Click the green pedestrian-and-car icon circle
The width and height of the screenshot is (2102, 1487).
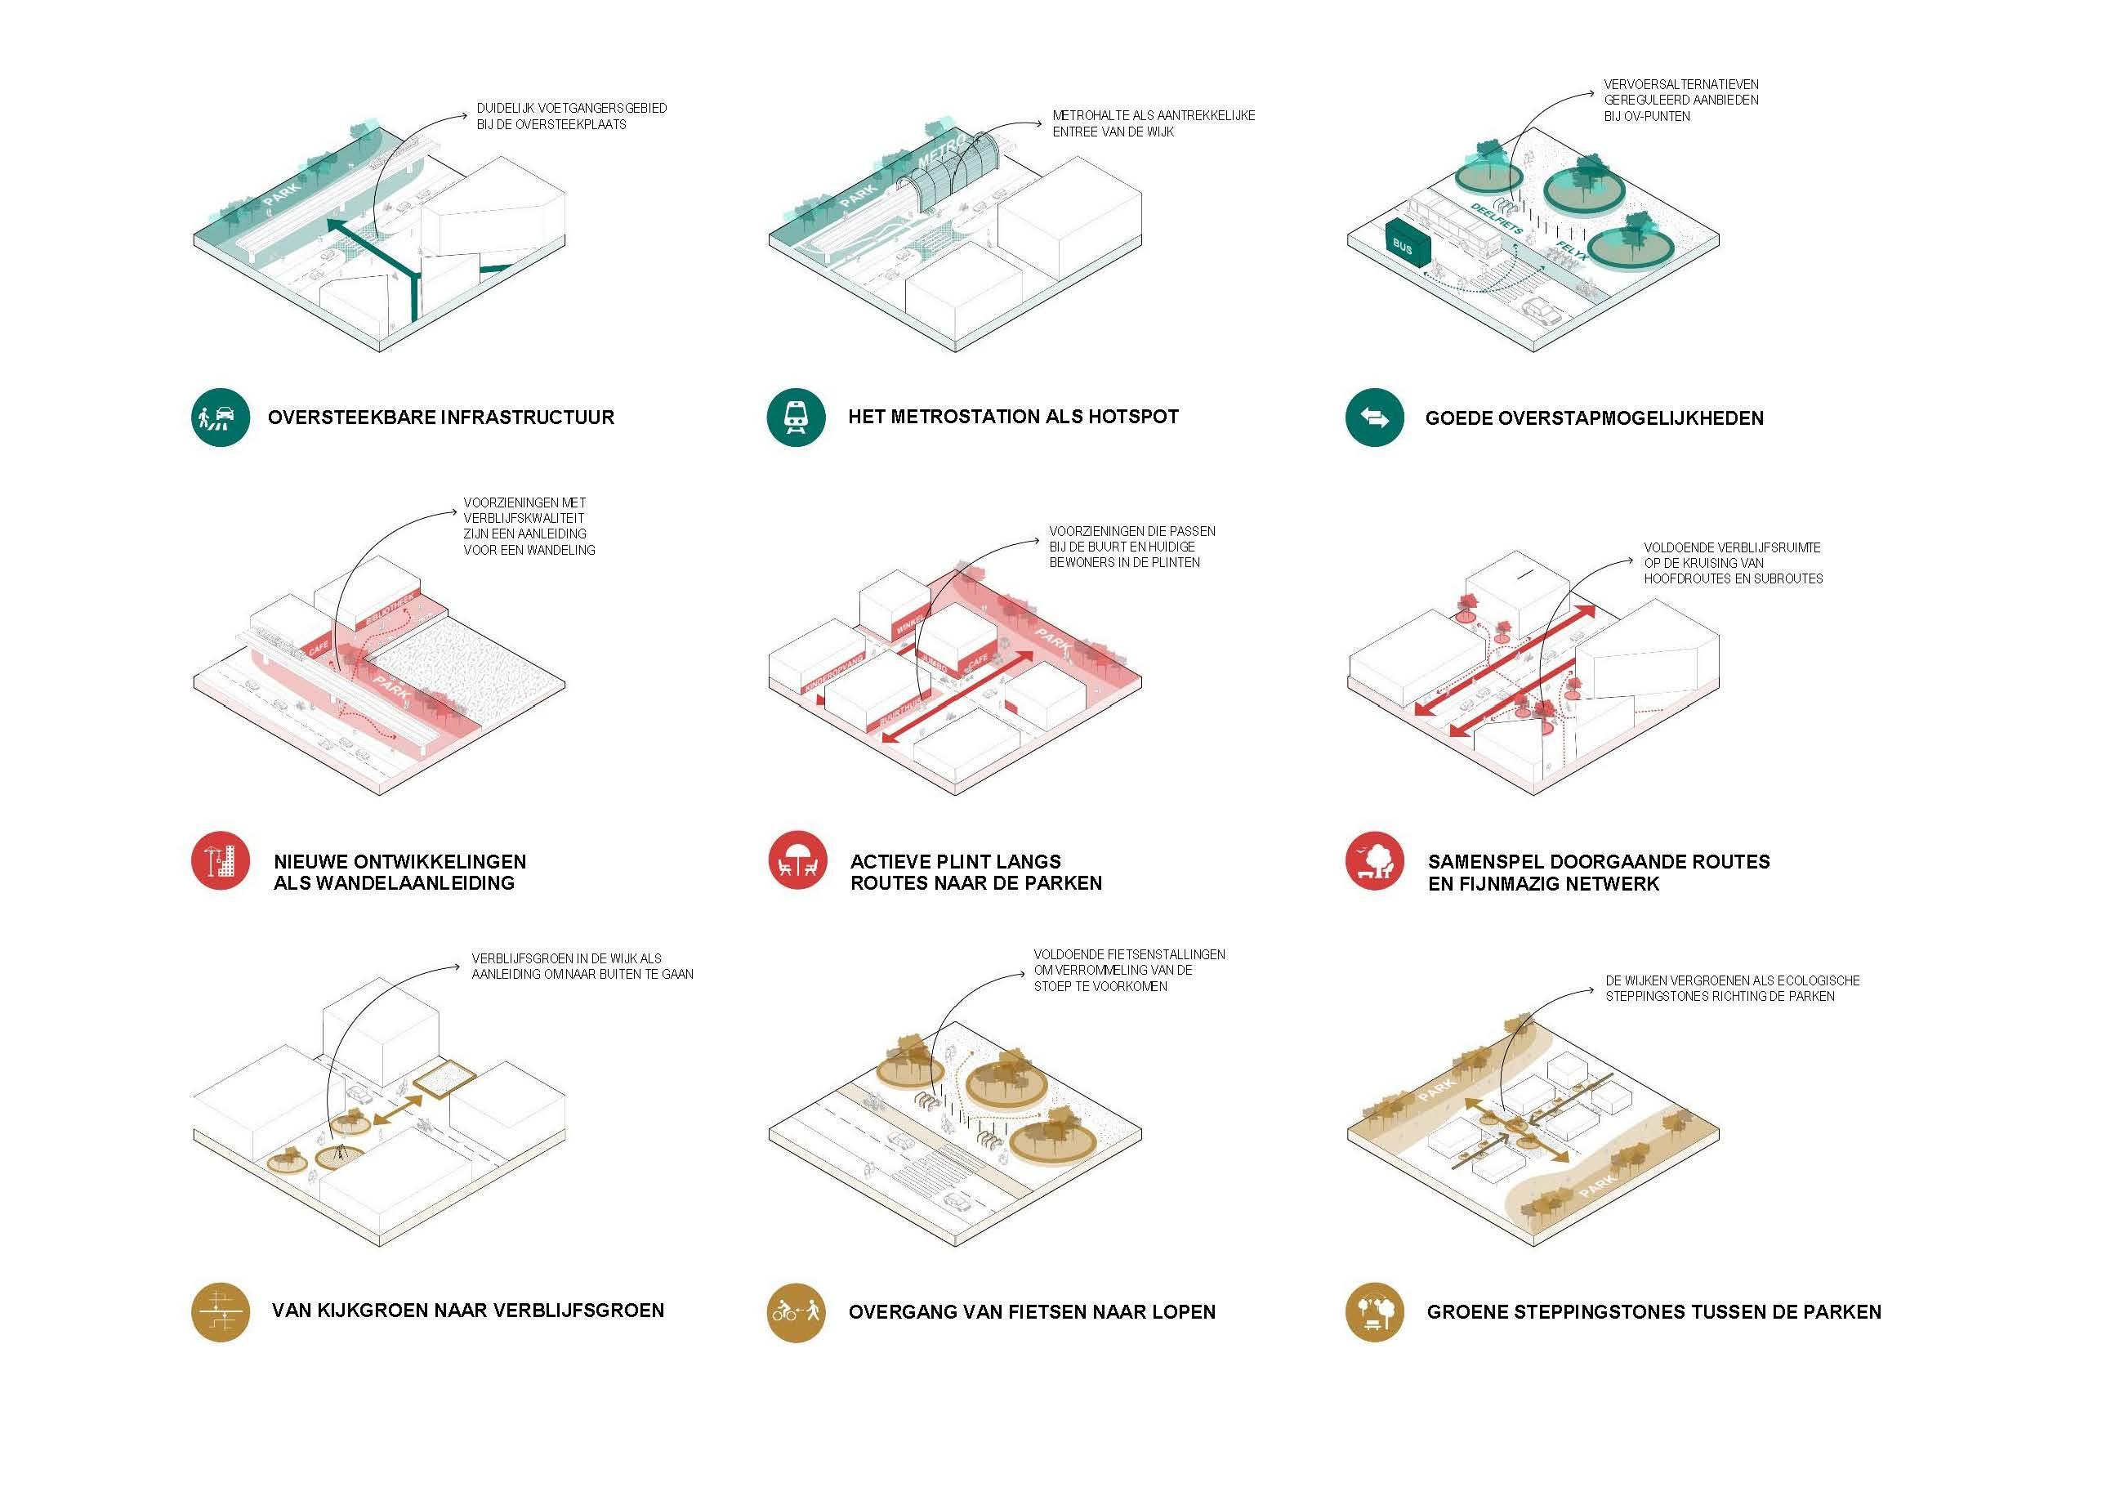pyautogui.click(x=221, y=418)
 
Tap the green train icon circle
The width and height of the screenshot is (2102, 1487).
pyautogui.click(x=796, y=418)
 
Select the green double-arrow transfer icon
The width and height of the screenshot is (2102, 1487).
pyautogui.click(x=1373, y=418)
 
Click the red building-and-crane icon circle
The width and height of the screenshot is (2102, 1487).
pyautogui.click(x=221, y=860)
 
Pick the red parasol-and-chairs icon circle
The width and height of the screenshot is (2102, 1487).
pyautogui.click(x=797, y=860)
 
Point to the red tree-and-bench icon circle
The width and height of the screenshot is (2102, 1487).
pyautogui.click(x=1373, y=860)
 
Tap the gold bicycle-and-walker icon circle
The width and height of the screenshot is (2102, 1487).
pyautogui.click(x=796, y=1312)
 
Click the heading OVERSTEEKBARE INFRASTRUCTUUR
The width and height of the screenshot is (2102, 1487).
pyautogui.click(x=440, y=418)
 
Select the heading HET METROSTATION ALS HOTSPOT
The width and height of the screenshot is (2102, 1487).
pyautogui.click(x=1012, y=417)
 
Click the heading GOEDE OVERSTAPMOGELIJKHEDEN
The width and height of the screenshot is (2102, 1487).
pyautogui.click(x=1594, y=418)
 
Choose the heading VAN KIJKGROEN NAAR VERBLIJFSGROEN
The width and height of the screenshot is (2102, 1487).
pyautogui.click(x=468, y=1311)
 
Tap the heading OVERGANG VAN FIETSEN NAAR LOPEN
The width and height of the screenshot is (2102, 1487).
pyautogui.click(x=1032, y=1312)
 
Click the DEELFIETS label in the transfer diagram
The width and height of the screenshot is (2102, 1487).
pyautogui.click(x=1495, y=219)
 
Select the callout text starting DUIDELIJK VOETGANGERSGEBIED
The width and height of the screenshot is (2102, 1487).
pyautogui.click(x=570, y=116)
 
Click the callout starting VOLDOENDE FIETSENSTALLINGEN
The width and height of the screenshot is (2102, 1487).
pyautogui.click(x=1128, y=970)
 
